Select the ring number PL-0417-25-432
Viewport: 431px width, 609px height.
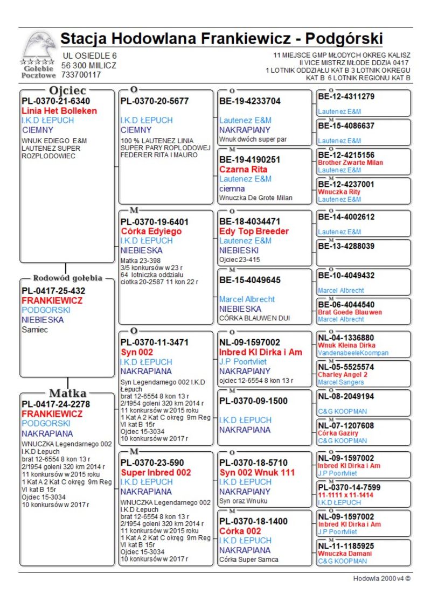coord(53,291)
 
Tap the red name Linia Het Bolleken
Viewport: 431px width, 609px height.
coord(59,110)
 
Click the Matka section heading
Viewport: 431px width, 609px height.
coord(68,393)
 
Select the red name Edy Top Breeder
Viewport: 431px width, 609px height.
coord(254,231)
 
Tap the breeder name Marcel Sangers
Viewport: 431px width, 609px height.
coord(340,382)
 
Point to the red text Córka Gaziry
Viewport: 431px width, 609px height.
coord(339,433)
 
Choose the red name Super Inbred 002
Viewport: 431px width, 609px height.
coord(156,472)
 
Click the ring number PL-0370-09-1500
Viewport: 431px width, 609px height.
coord(253,401)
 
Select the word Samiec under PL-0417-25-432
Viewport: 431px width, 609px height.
coord(34,330)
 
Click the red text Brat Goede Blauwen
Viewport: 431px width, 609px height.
coord(350,312)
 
